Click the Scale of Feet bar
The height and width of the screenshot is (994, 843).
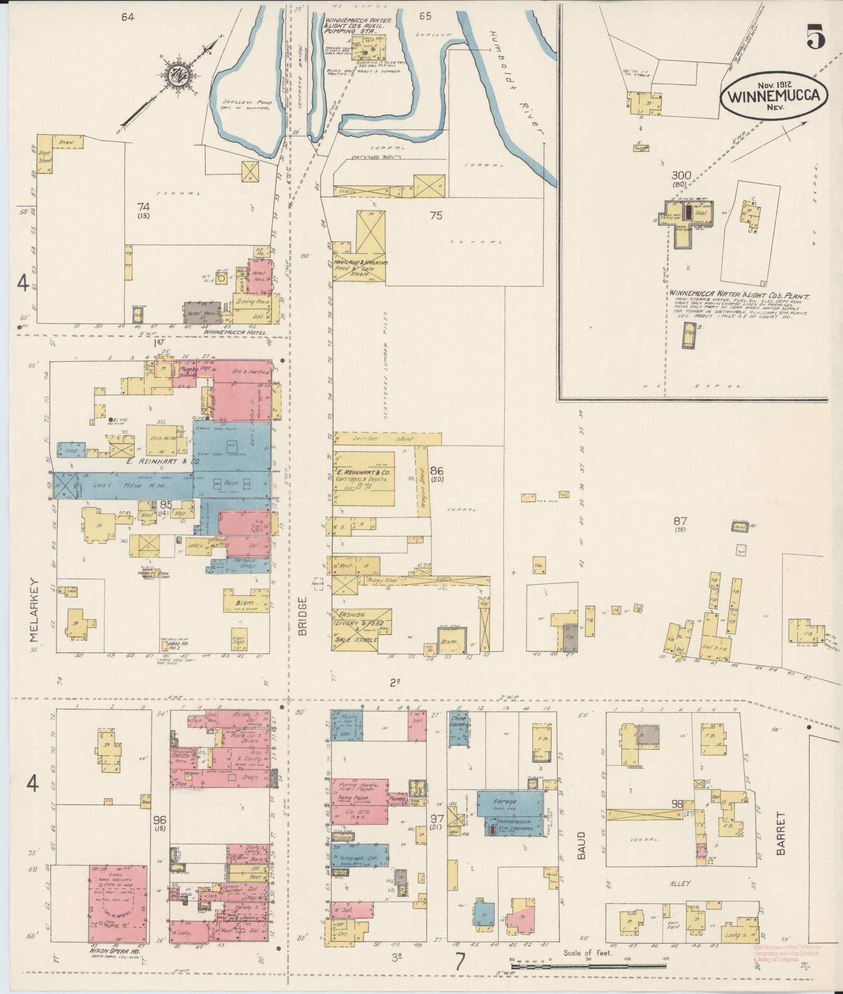coord(588,966)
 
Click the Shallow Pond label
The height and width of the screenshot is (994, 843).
coord(246,102)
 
